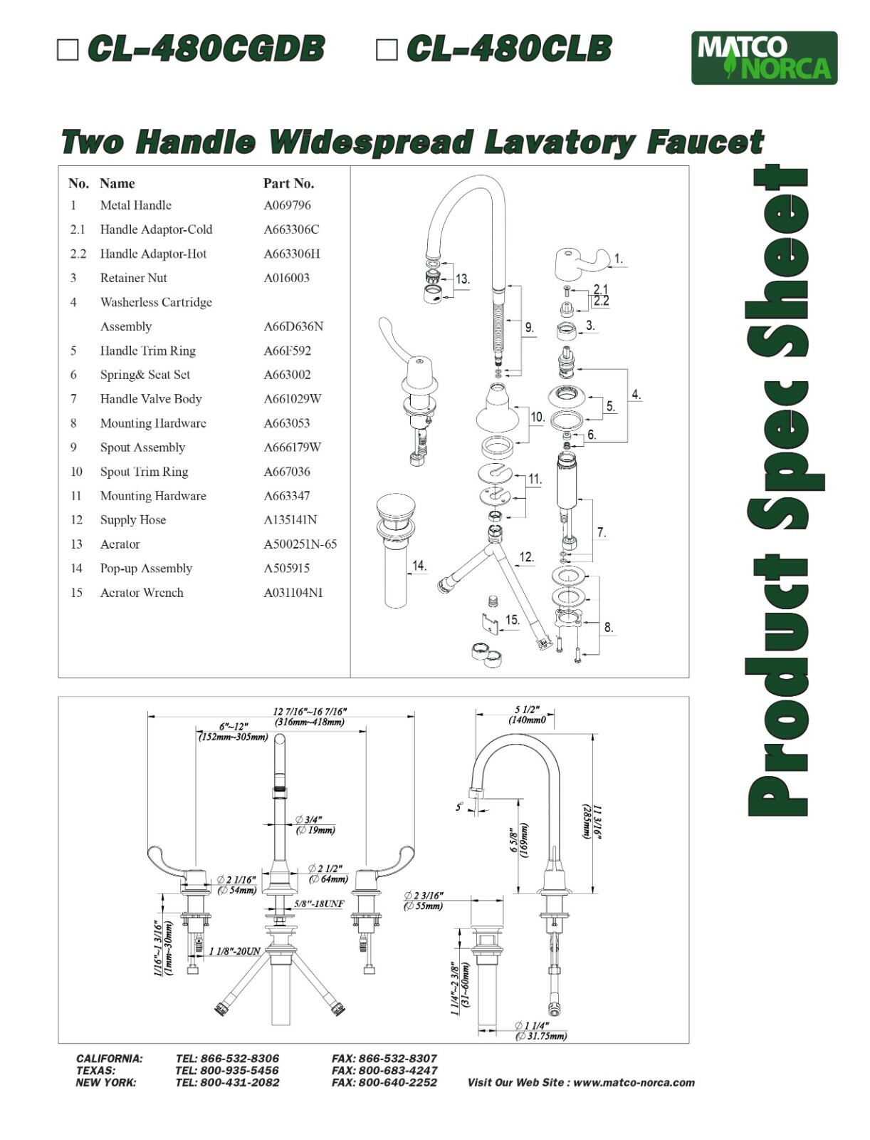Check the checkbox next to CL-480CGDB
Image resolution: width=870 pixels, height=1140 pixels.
[x=68, y=50]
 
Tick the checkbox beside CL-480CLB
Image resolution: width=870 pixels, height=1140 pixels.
[x=386, y=50]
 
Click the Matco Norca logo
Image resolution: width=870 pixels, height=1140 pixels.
[x=764, y=58]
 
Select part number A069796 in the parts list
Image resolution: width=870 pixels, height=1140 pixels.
[x=287, y=205]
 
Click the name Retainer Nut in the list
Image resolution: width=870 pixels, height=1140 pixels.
[x=133, y=278]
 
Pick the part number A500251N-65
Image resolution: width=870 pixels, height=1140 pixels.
[x=300, y=544]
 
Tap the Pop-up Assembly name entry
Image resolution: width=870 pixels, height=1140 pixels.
[x=146, y=569]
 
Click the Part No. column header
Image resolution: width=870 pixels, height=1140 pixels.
[x=288, y=183]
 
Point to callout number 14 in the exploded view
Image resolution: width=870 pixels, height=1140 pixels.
[x=419, y=566]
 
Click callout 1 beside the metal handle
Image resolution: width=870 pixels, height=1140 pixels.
[x=618, y=259]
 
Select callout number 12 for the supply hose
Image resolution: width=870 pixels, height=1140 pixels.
[x=526, y=557]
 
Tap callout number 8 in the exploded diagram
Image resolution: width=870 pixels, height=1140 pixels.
[x=608, y=628]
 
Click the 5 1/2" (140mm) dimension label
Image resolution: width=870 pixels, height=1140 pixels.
[x=527, y=715]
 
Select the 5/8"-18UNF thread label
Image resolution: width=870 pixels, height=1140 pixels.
[x=319, y=903]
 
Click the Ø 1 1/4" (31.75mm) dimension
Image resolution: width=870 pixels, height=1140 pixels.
[x=541, y=1031]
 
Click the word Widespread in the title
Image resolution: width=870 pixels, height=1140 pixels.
[x=370, y=142]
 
